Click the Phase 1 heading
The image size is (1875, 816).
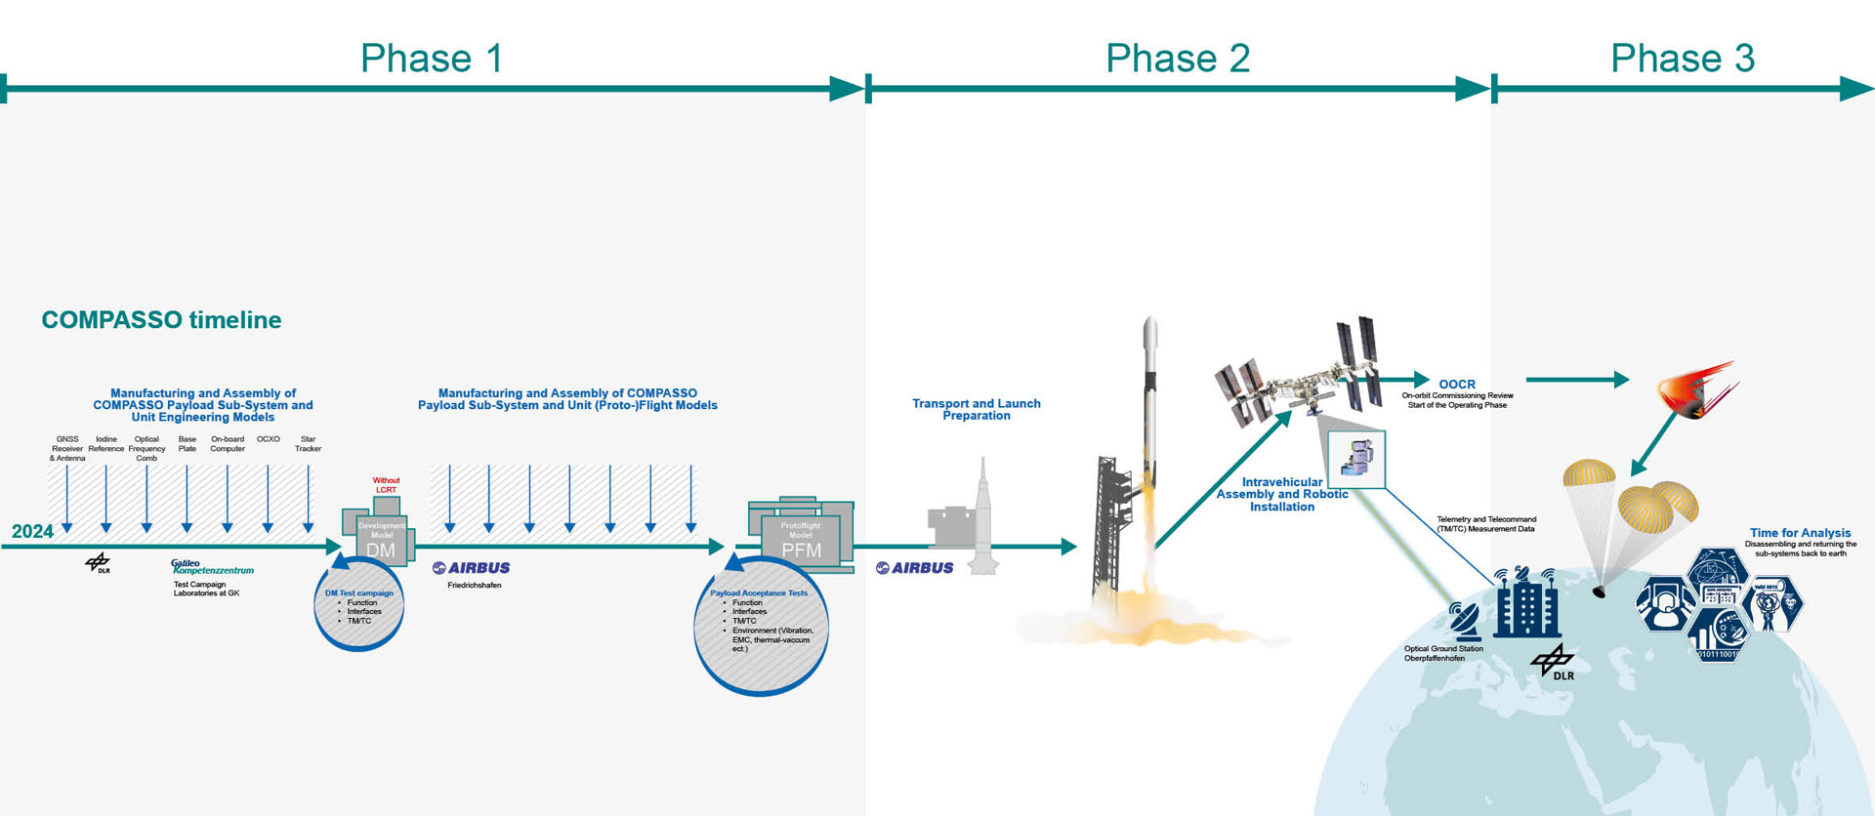click(x=432, y=59)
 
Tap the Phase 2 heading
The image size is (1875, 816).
click(x=1177, y=59)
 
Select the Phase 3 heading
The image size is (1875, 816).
click(x=1682, y=59)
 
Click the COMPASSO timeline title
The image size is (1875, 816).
click(x=161, y=320)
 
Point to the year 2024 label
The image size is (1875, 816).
click(x=32, y=531)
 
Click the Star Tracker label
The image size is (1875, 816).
click(x=308, y=444)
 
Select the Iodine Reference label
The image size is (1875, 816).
click(x=106, y=444)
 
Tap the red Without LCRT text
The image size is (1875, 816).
click(x=386, y=485)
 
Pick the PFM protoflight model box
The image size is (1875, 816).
click(x=801, y=537)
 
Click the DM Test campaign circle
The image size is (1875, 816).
click(x=359, y=606)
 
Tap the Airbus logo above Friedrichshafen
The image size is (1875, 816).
click(x=472, y=568)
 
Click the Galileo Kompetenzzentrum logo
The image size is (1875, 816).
click(x=212, y=567)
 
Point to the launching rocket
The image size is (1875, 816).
click(x=1149, y=429)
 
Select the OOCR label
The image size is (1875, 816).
click(x=1457, y=385)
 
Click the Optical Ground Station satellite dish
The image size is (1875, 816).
click(x=1464, y=619)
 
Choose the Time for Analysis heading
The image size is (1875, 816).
click(x=1800, y=533)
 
